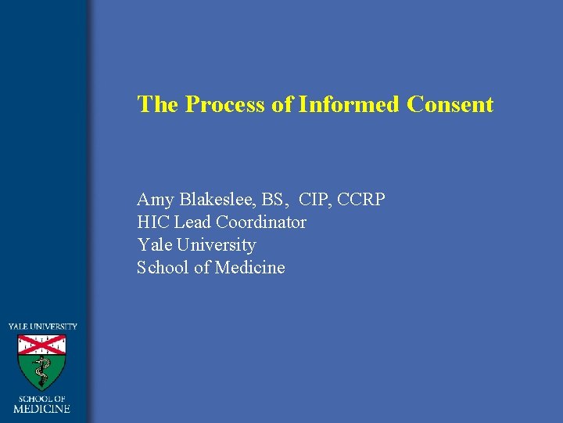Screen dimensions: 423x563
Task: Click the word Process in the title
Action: [x=226, y=105]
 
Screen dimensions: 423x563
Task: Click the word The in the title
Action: [x=158, y=105]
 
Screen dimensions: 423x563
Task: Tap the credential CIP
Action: [x=315, y=200]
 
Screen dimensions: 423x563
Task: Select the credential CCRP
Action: [x=361, y=200]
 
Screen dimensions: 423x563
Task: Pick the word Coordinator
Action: [x=261, y=222]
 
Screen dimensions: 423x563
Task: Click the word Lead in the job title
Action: [x=192, y=222]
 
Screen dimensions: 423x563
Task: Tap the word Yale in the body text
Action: [x=154, y=245]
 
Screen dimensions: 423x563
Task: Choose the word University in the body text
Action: [x=218, y=245]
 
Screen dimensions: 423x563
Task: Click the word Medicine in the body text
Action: [x=249, y=268]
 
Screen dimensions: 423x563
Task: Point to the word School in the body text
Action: [x=163, y=268]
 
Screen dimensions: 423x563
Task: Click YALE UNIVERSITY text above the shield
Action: [x=43, y=326]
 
